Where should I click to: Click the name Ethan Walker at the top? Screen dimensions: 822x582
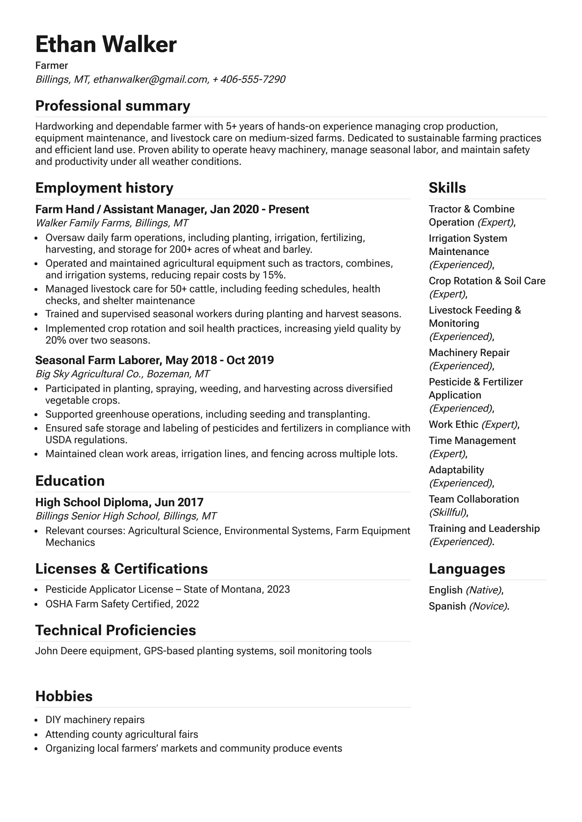pyautogui.click(x=106, y=44)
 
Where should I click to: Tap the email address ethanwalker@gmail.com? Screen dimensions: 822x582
pyautogui.click(x=151, y=79)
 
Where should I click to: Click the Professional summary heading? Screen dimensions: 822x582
pyautogui.click(x=113, y=106)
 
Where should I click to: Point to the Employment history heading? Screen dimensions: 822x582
pyautogui.click(x=104, y=188)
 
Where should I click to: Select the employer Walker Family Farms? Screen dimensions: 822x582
pyautogui.click(x=83, y=223)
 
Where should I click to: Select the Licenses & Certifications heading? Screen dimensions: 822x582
pyautogui.click(x=121, y=569)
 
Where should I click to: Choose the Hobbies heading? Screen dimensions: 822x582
pyautogui.click(x=64, y=696)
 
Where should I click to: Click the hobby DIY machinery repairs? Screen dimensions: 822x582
pyautogui.click(x=95, y=720)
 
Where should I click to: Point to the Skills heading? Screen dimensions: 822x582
pyautogui.click(x=447, y=188)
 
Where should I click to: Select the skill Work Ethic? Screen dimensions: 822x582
pyautogui.click(x=453, y=425)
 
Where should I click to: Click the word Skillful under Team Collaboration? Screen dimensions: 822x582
pyautogui.click(x=448, y=512)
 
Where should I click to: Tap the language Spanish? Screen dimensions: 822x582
pyautogui.click(x=447, y=606)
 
